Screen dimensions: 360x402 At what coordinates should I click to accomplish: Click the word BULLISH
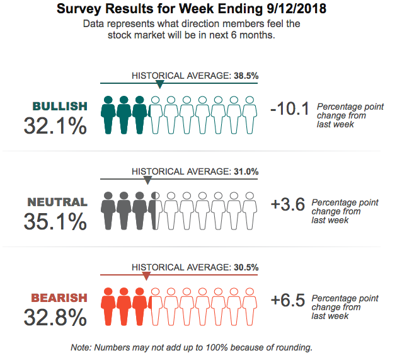(60, 106)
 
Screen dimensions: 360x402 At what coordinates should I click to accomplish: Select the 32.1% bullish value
(55, 126)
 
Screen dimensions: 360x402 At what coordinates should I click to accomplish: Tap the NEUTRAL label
(57, 202)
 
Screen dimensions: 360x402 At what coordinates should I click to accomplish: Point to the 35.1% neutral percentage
(55, 222)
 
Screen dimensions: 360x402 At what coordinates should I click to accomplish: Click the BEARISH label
(59, 298)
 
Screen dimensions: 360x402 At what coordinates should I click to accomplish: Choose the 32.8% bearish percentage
(55, 318)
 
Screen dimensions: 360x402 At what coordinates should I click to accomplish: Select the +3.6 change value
(288, 205)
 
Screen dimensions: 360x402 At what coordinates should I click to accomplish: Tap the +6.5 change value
(288, 300)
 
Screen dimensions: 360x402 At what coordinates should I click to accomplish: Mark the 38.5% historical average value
(246, 76)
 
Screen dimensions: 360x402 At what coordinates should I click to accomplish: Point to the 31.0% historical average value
(246, 171)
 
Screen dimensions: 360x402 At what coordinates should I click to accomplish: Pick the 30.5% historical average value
(246, 267)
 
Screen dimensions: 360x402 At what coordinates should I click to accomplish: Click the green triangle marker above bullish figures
(159, 84)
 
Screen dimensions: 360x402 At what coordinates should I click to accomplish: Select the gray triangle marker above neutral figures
(147, 180)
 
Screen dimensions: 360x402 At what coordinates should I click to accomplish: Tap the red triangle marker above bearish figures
(146, 276)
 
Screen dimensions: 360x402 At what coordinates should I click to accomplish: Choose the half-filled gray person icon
(155, 211)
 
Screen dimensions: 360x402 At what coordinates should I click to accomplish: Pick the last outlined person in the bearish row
(250, 306)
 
